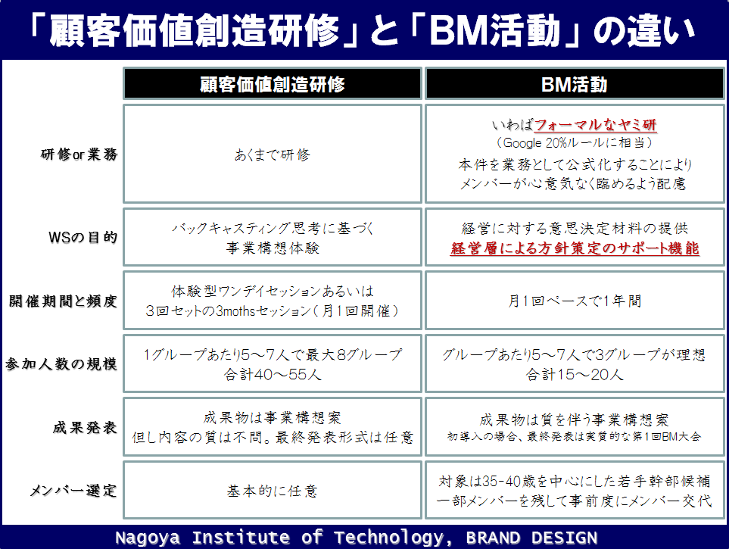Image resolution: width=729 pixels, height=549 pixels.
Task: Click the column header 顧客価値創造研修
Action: [273, 84]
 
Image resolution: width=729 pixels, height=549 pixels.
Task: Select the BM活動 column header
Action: [575, 84]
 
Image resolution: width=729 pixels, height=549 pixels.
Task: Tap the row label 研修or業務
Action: [79, 154]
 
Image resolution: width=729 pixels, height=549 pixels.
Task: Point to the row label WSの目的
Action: [83, 237]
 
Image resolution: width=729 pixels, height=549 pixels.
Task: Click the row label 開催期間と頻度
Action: [63, 301]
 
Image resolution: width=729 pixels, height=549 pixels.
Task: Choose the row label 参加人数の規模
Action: [61, 363]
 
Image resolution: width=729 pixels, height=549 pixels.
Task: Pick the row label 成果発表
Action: [85, 427]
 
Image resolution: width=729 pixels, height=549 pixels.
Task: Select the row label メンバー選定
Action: [73, 490]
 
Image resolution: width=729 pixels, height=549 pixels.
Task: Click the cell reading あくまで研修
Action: [273, 154]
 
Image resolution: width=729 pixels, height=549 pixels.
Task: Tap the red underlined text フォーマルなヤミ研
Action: [596, 125]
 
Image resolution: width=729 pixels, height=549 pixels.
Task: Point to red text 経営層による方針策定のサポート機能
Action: [575, 248]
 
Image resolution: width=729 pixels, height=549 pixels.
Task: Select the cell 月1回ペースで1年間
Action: [575, 301]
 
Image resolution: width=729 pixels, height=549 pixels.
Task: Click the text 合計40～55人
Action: [273, 375]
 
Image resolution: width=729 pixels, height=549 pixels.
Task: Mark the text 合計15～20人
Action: [575, 375]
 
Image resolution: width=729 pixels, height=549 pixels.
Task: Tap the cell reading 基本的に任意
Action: [273, 491]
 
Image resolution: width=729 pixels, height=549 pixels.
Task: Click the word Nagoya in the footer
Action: [148, 538]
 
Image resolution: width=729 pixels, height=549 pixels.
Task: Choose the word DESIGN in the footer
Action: [565, 538]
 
